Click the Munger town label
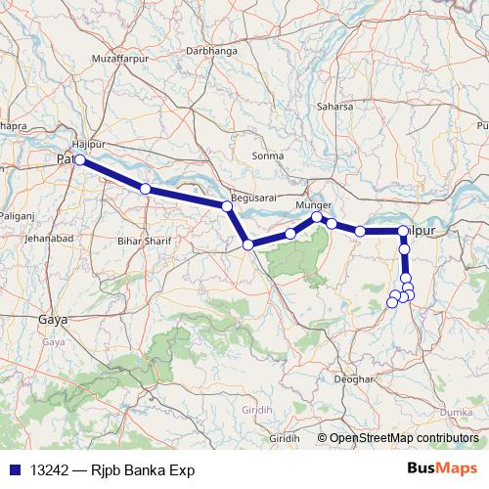pyautogui.click(x=313, y=206)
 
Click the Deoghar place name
pyautogui.click(x=354, y=378)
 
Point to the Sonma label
pyautogui.click(x=267, y=156)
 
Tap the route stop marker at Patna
pyautogui.click(x=80, y=160)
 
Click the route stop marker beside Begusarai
pyautogui.click(x=227, y=206)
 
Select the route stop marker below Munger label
pyautogui.click(x=317, y=217)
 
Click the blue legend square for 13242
pyautogui.click(x=14, y=470)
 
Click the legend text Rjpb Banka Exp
pyautogui.click(x=136, y=470)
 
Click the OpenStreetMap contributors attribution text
pyautogui.click(x=403, y=437)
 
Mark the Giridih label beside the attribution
pyautogui.click(x=284, y=437)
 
